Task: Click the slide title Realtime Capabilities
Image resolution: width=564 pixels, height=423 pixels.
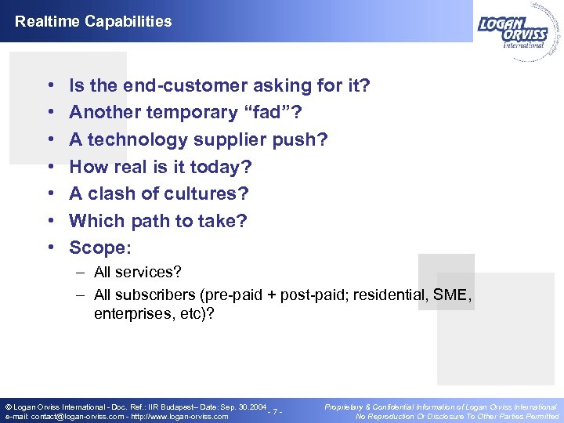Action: (93, 21)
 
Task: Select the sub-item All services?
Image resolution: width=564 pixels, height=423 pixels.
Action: (137, 273)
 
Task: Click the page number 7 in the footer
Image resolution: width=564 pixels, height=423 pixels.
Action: (275, 412)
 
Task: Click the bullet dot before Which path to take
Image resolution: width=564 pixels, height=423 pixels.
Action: (49, 222)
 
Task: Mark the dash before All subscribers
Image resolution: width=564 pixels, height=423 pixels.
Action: (81, 295)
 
